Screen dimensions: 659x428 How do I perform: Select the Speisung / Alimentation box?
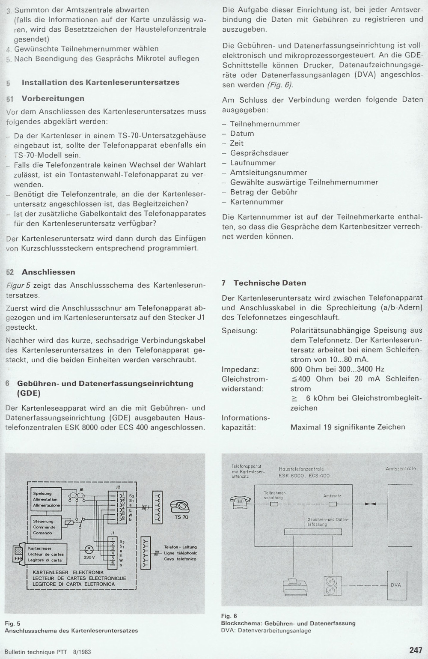pos(46,500)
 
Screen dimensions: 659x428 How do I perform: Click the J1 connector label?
pos(112,532)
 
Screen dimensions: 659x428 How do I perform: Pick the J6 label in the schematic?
pos(81,489)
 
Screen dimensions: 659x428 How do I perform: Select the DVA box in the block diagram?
pos(396,585)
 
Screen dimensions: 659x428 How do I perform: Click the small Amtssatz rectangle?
pos(333,504)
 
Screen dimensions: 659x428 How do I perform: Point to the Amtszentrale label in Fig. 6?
pos(401,469)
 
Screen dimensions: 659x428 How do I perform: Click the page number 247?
pos(416,650)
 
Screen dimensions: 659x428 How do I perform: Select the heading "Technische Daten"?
pos(270,283)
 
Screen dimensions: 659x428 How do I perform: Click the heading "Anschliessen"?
pos(48,272)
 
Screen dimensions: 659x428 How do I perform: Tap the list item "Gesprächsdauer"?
pos(259,153)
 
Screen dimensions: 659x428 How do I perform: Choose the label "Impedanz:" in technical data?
pos(240,370)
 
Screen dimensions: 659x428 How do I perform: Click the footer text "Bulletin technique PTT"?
pos(40,652)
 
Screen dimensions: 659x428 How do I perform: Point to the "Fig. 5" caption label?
pos(12,623)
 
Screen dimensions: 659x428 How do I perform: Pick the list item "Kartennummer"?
pos(257,202)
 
